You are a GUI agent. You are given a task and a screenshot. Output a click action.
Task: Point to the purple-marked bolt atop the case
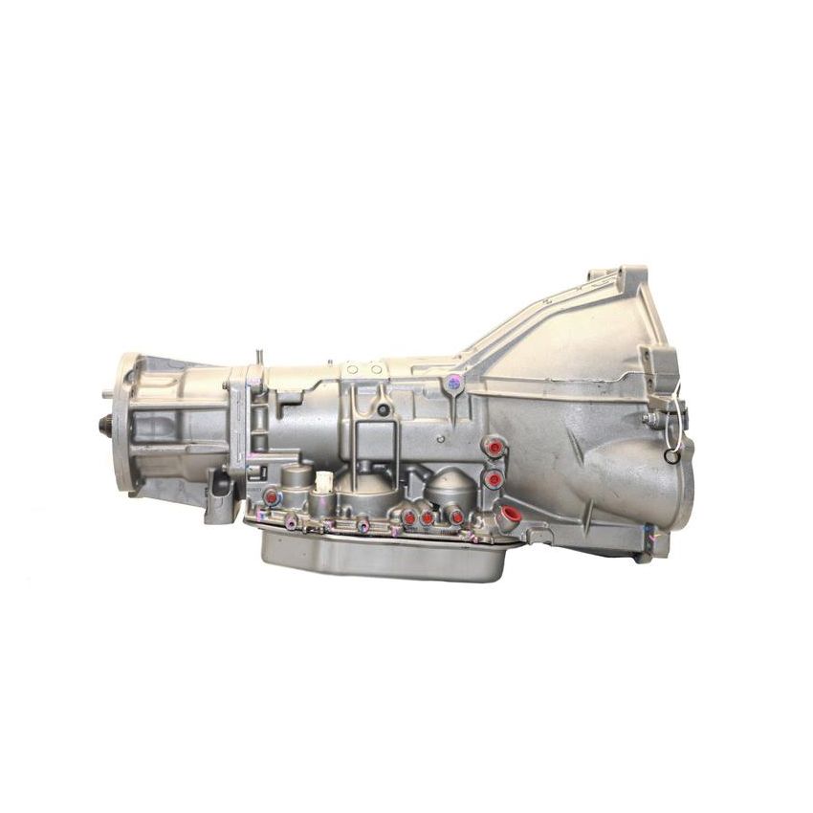[x=452, y=384]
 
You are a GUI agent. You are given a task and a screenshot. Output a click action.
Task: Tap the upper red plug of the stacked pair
[x=494, y=448]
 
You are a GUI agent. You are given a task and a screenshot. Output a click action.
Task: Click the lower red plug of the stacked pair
[x=494, y=478]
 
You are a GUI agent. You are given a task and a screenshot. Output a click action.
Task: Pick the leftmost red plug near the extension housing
[x=272, y=496]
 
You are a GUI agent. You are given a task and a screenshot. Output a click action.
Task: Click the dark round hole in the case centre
[x=383, y=409]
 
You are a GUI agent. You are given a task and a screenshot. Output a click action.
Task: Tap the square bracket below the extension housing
[x=220, y=497]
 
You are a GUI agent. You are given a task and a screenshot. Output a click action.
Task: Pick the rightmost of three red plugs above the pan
[x=457, y=517]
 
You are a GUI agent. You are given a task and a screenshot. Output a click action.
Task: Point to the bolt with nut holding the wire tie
[x=652, y=419]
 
